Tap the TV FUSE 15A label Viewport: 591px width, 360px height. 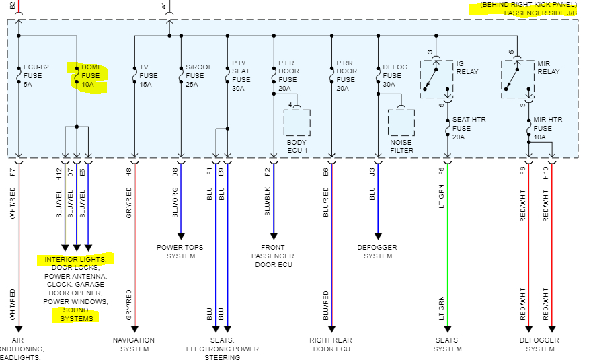pos(148,76)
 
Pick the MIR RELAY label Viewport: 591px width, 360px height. pos(549,67)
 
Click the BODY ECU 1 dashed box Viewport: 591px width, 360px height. pos(297,122)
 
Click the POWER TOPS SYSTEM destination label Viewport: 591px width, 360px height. pos(180,251)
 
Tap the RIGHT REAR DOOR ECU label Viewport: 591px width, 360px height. pos(331,345)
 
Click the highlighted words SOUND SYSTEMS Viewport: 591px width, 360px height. pos(75,314)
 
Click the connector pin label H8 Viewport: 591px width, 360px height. pos(128,172)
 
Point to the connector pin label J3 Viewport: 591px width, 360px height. pos(372,172)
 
